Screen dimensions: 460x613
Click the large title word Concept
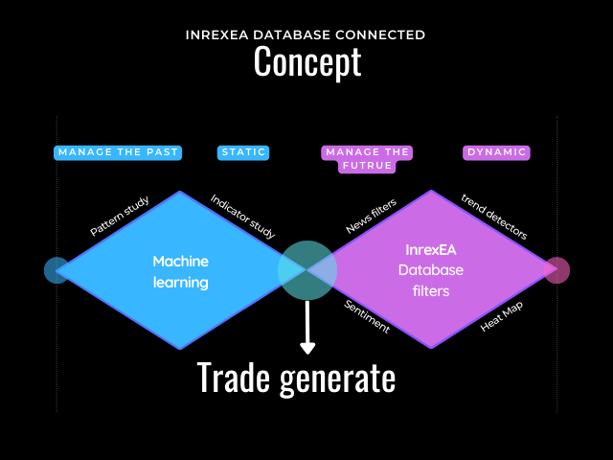point(306,62)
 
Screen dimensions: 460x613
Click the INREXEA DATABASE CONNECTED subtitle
point(306,35)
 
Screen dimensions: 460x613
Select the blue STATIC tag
point(243,152)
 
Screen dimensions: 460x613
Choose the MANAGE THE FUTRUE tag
point(368,158)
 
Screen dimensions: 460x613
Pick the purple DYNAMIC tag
point(496,152)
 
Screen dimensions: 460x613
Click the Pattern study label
point(121,217)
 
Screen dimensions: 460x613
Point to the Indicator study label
point(242,217)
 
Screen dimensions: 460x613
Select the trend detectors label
point(493,218)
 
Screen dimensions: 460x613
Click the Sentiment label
point(367,316)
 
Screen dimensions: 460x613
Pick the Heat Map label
point(502,316)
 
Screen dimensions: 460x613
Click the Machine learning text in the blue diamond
point(180,271)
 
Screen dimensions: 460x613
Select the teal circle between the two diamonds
point(307,269)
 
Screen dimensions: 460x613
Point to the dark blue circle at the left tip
point(57,270)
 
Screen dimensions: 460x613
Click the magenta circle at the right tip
point(557,270)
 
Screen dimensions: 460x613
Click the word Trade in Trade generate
point(234,378)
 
